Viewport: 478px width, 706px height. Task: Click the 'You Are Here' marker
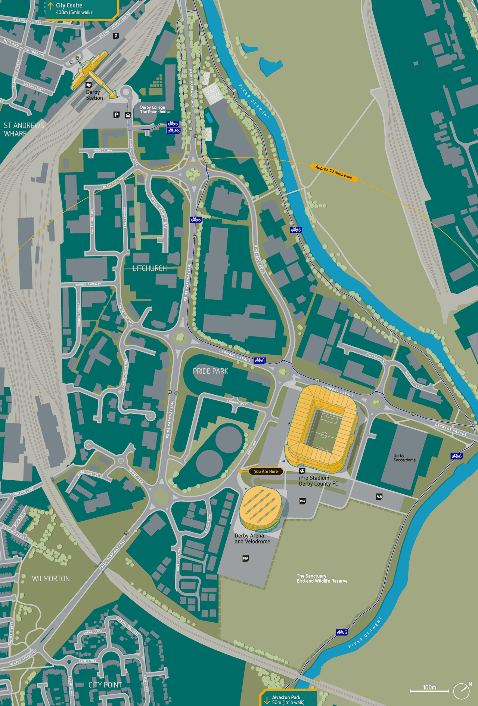coord(266,471)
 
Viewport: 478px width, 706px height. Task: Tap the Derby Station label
coord(94,95)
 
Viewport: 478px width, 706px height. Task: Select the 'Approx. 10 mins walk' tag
coord(333,172)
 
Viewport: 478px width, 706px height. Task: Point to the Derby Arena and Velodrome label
coord(252,539)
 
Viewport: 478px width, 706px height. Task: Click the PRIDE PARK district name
coord(210,371)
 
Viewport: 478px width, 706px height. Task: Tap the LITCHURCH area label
coord(150,268)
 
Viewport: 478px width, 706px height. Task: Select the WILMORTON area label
coord(51,579)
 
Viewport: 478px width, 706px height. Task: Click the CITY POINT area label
coord(105,685)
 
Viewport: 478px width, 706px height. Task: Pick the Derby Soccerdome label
coord(404,458)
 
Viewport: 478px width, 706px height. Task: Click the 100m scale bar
coord(429,691)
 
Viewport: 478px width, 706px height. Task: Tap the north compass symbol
coord(462,691)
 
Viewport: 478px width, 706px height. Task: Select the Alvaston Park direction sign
coord(288,700)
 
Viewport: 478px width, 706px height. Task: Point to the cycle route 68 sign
coord(174,130)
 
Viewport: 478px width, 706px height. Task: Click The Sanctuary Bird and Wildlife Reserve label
coord(322,578)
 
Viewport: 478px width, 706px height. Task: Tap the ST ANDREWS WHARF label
coord(24,129)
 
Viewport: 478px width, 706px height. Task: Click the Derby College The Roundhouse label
coord(155,110)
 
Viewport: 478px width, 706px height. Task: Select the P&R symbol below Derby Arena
coord(245,558)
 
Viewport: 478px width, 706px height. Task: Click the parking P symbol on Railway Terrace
coord(116,36)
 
